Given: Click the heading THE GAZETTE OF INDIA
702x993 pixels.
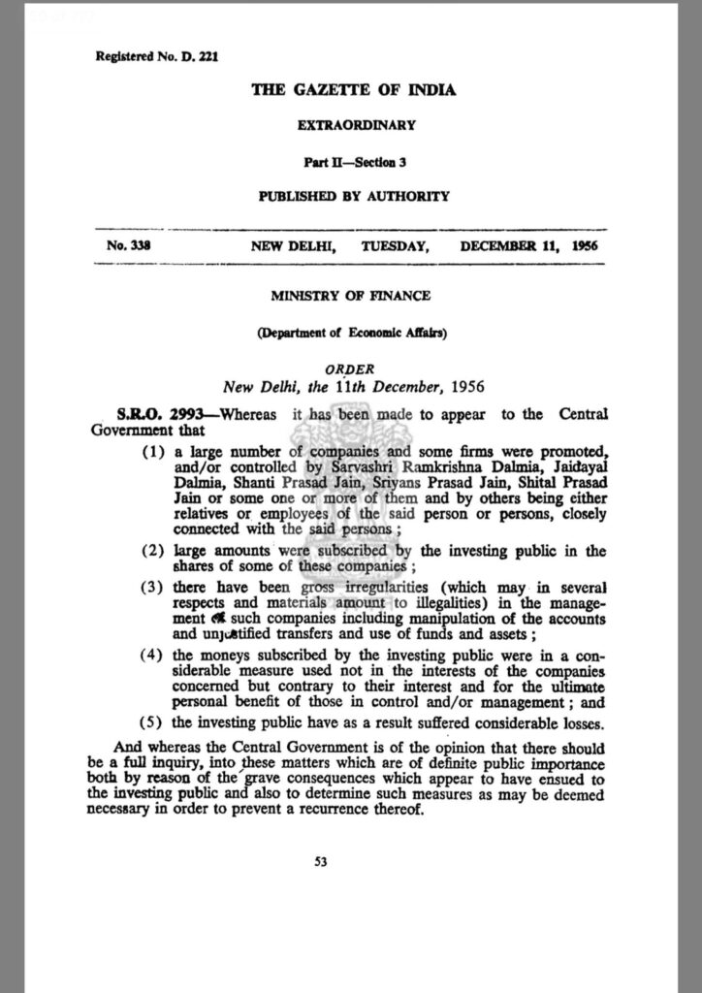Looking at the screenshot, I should [x=354, y=90].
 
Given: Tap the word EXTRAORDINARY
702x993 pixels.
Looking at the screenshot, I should [x=354, y=125].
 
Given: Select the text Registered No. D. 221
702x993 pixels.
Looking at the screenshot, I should [x=157, y=56].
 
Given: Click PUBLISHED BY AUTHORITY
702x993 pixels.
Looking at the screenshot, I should [x=354, y=196].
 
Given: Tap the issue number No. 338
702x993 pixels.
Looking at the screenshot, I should [x=128, y=246].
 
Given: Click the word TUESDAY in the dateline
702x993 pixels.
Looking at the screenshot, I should [x=395, y=246].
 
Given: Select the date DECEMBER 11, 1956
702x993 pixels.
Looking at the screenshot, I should [x=529, y=246].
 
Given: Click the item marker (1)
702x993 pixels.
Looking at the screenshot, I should [x=154, y=452].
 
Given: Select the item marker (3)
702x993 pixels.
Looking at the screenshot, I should [x=154, y=590].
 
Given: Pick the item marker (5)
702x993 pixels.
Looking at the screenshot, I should [x=154, y=721].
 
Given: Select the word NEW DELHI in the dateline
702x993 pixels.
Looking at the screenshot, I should [x=294, y=246].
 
